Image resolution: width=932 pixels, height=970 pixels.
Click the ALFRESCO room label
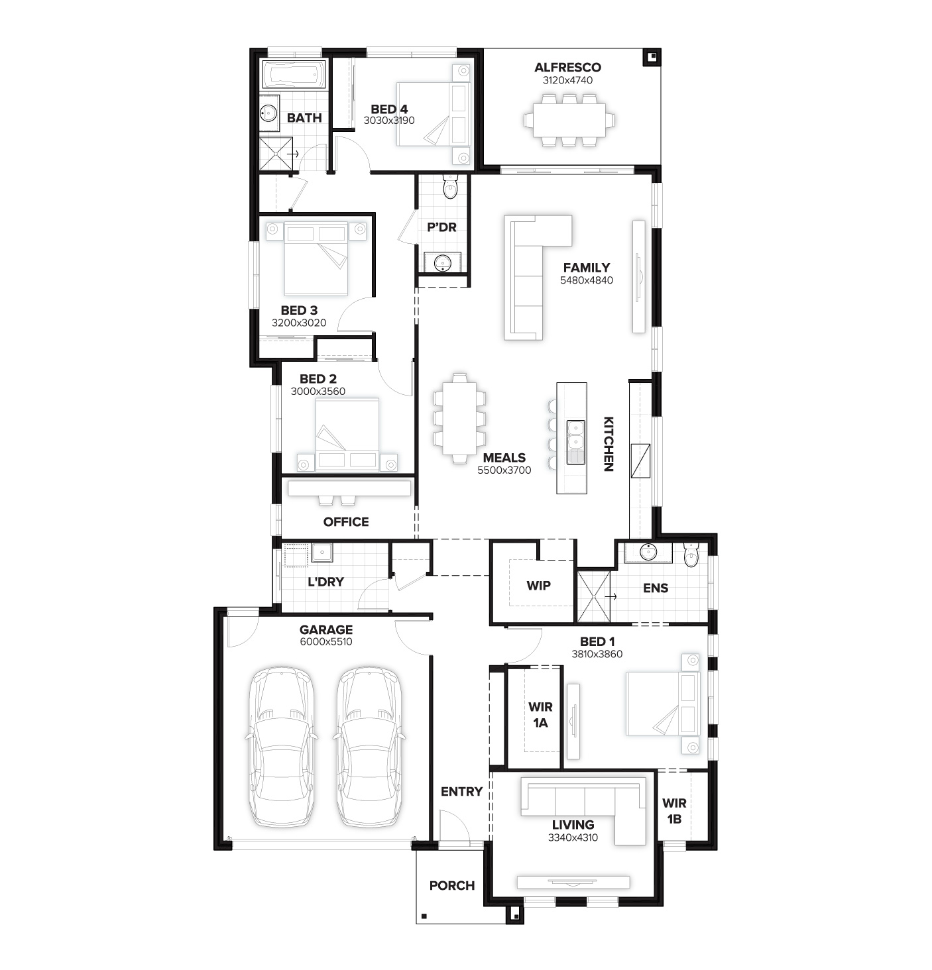(567, 68)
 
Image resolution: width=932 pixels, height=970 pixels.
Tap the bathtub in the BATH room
(294, 76)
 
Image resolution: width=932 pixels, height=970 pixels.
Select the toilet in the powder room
(450, 186)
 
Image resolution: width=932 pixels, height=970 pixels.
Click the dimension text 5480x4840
(587, 280)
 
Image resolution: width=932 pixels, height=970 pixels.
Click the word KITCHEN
(609, 444)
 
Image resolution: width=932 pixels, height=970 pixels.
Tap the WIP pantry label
(538, 586)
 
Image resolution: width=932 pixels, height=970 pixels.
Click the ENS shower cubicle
(593, 597)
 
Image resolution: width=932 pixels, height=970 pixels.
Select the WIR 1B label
(674, 811)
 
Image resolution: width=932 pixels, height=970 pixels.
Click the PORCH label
(452, 886)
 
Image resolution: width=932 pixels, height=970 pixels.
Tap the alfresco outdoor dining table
(569, 120)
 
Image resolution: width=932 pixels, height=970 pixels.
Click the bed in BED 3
(316, 258)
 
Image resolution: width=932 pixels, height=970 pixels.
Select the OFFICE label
(346, 522)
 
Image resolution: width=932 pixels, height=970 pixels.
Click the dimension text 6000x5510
(326, 642)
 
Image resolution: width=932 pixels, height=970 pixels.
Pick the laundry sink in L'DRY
(322, 553)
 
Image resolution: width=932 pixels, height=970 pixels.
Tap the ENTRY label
(462, 792)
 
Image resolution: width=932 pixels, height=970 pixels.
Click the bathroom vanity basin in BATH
(268, 113)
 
